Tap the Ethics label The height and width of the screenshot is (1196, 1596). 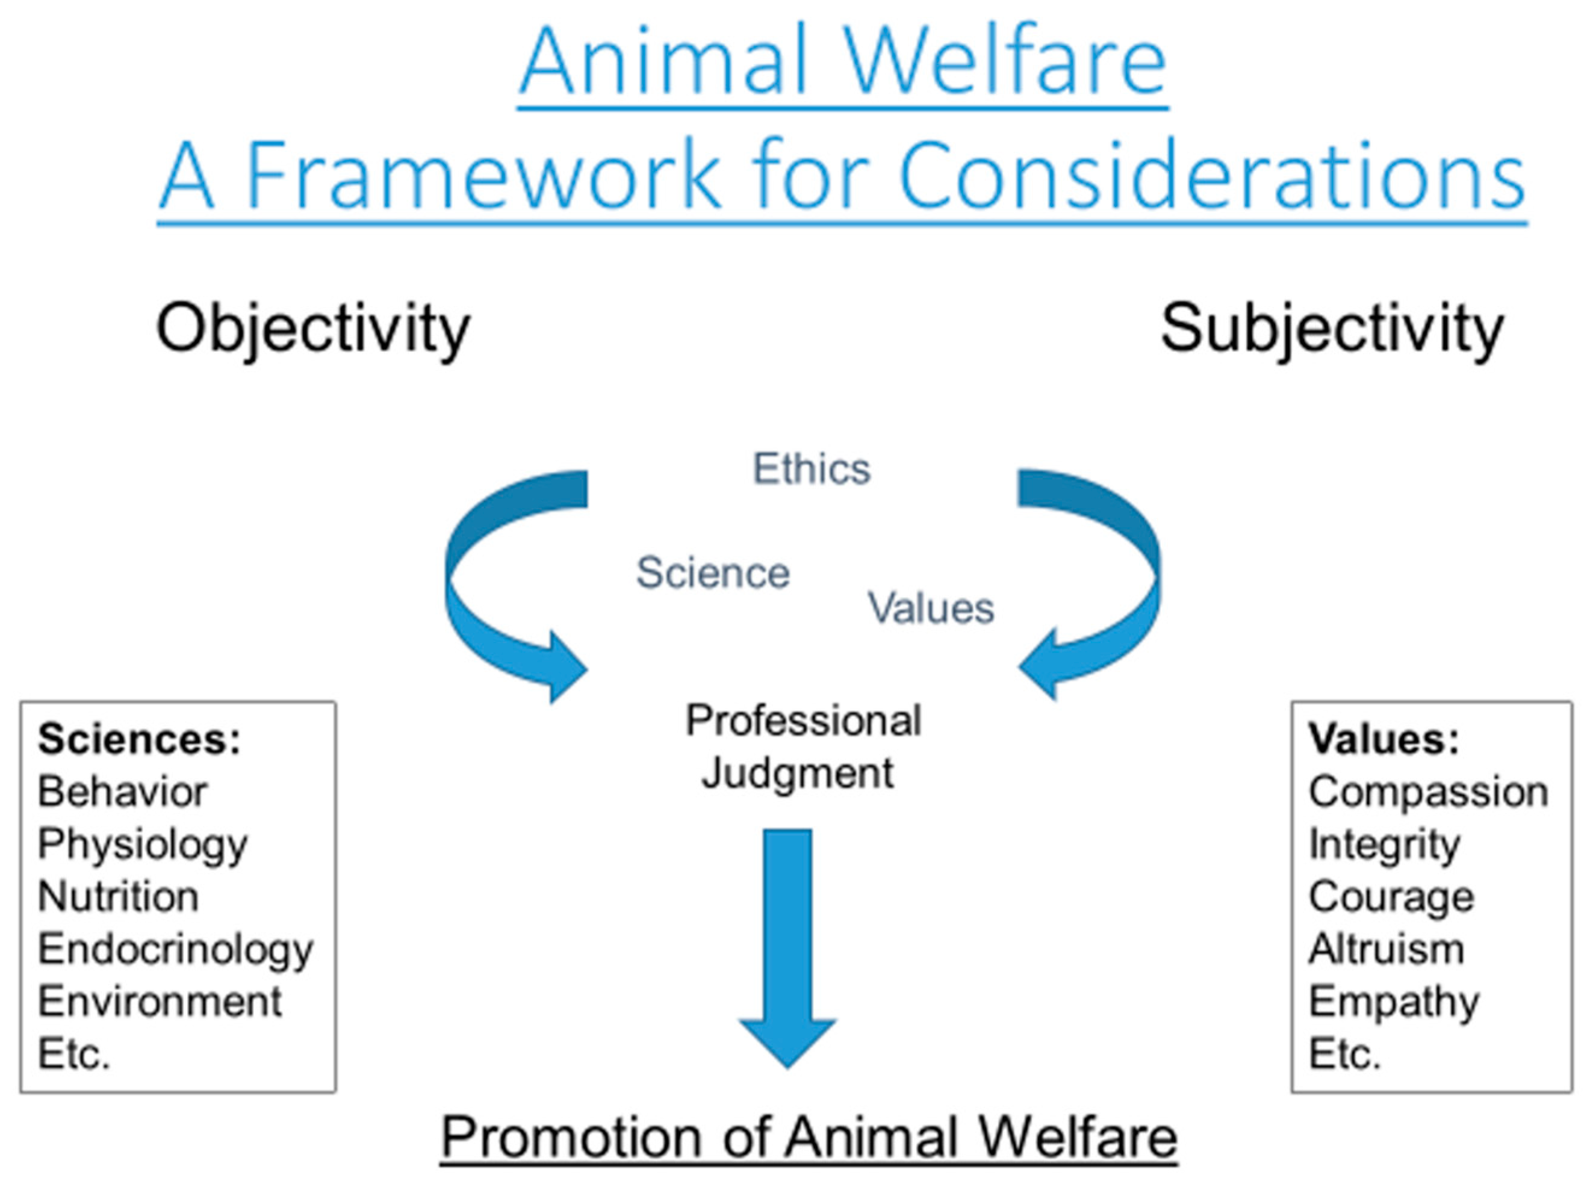point(812,469)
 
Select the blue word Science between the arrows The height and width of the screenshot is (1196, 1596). point(713,573)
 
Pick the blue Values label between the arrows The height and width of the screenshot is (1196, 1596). point(931,607)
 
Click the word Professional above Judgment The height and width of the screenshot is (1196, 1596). point(803,720)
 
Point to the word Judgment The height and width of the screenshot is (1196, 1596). point(798,774)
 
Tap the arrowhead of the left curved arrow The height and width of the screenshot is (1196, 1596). point(567,668)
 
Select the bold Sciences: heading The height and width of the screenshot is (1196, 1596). point(139,739)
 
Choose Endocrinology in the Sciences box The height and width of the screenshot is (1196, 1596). point(176,950)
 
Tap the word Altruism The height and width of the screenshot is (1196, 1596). point(1386,949)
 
